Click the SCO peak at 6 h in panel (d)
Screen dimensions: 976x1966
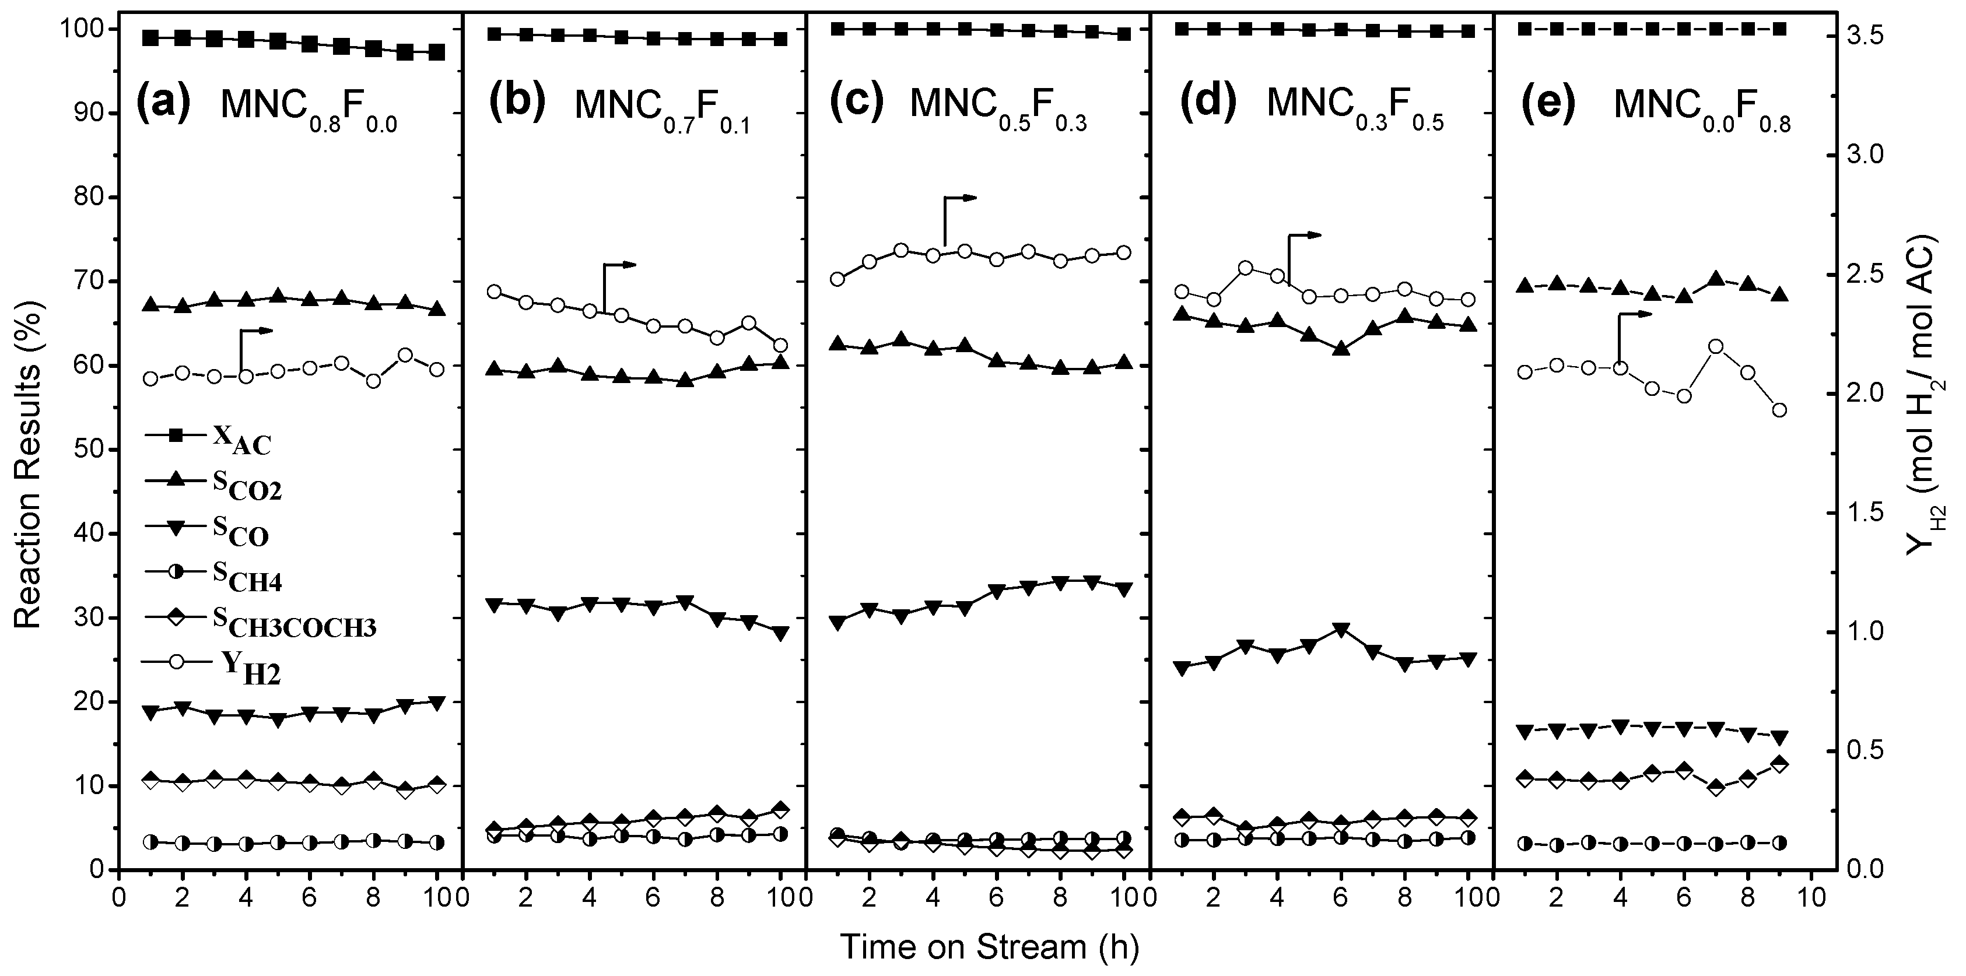pos(1342,630)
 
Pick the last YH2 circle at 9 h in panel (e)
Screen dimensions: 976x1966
pos(1780,410)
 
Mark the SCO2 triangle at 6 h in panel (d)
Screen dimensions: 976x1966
pos(1342,349)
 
